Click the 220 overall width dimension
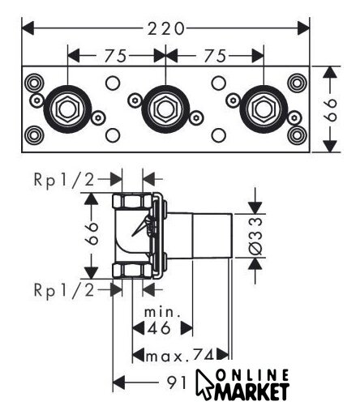[166, 28]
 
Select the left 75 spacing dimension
[116, 56]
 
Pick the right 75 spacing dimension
[215, 56]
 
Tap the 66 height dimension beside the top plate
[330, 109]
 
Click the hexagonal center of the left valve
[67, 109]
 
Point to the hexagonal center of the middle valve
[165, 109]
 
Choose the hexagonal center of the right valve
[264, 109]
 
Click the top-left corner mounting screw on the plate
[34, 83]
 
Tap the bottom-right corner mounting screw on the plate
[297, 135]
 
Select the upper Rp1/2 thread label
[64, 180]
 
